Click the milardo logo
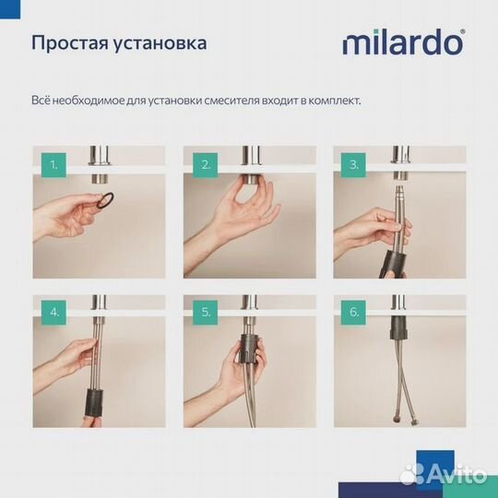coord(404,42)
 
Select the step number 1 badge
coord(54,166)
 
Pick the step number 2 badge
coord(204,166)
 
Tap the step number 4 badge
coord(54,312)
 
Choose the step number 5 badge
coord(204,312)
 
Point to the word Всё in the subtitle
coord(40,99)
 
